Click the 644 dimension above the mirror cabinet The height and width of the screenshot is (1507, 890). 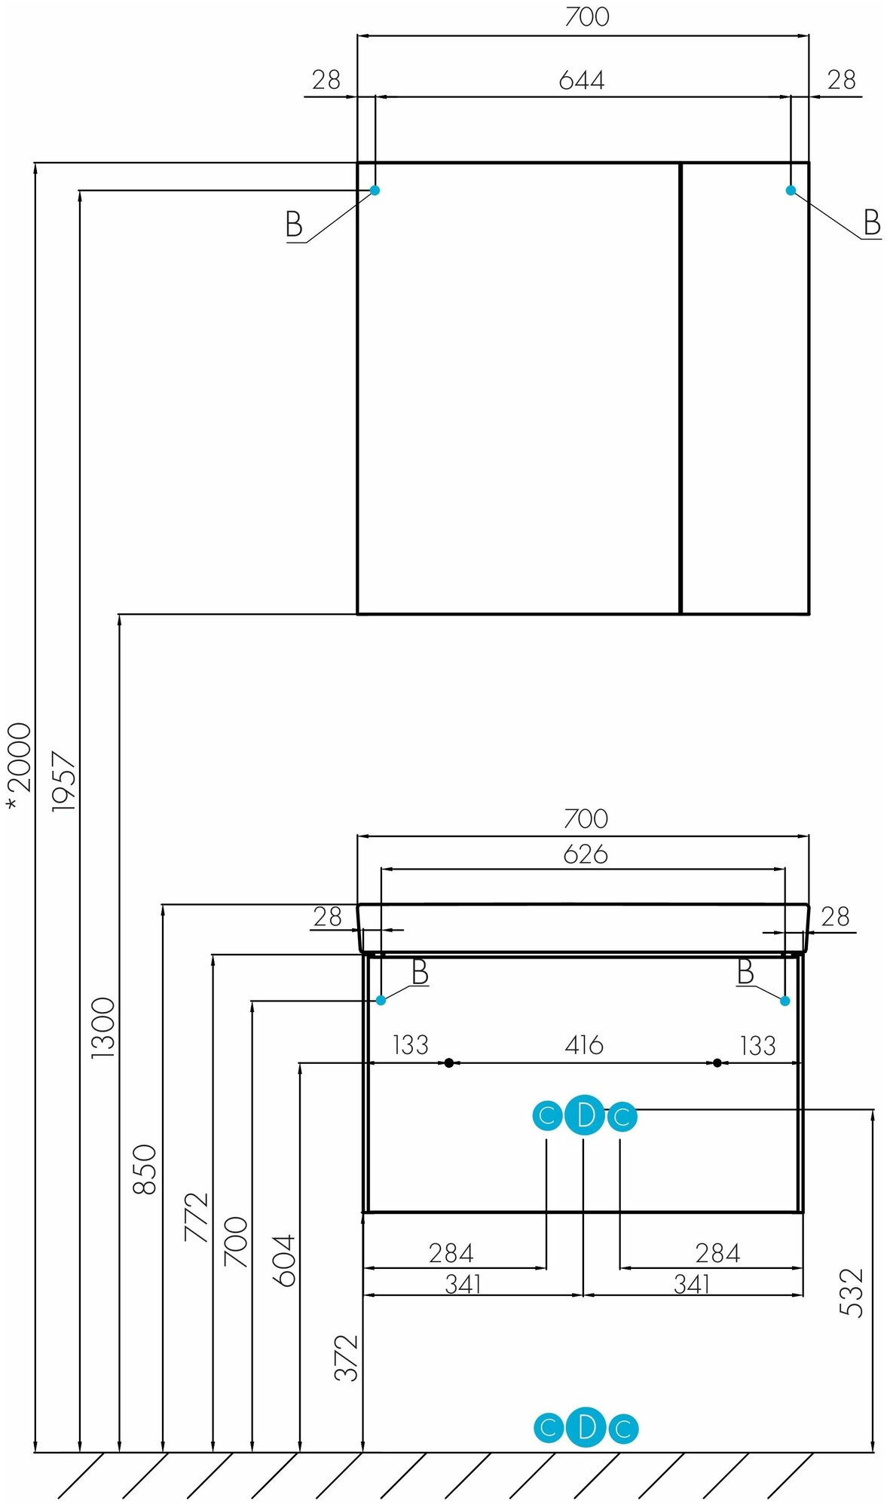(x=581, y=80)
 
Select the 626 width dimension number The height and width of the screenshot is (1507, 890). (x=586, y=854)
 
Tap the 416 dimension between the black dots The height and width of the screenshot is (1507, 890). (x=584, y=1045)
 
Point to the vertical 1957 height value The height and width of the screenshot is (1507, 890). (x=64, y=781)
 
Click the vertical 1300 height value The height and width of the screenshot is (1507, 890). (x=103, y=1028)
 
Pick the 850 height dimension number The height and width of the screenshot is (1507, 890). (x=145, y=1169)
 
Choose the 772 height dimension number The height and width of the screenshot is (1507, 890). (x=196, y=1216)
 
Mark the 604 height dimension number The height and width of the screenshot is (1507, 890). (x=284, y=1261)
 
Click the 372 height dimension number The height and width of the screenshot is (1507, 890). (x=346, y=1358)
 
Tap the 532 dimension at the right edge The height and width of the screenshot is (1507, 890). (x=852, y=1292)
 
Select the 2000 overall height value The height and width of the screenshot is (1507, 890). (x=20, y=757)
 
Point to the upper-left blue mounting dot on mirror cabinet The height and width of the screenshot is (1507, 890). (x=375, y=190)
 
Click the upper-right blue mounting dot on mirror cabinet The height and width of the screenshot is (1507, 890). (x=791, y=190)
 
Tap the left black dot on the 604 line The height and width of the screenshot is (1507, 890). (x=449, y=1062)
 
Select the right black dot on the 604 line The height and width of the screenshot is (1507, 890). (x=717, y=1062)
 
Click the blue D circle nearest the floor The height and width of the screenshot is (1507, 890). (x=586, y=1427)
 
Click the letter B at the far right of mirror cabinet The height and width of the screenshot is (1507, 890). (x=872, y=223)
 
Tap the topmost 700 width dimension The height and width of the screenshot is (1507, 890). (x=586, y=17)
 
